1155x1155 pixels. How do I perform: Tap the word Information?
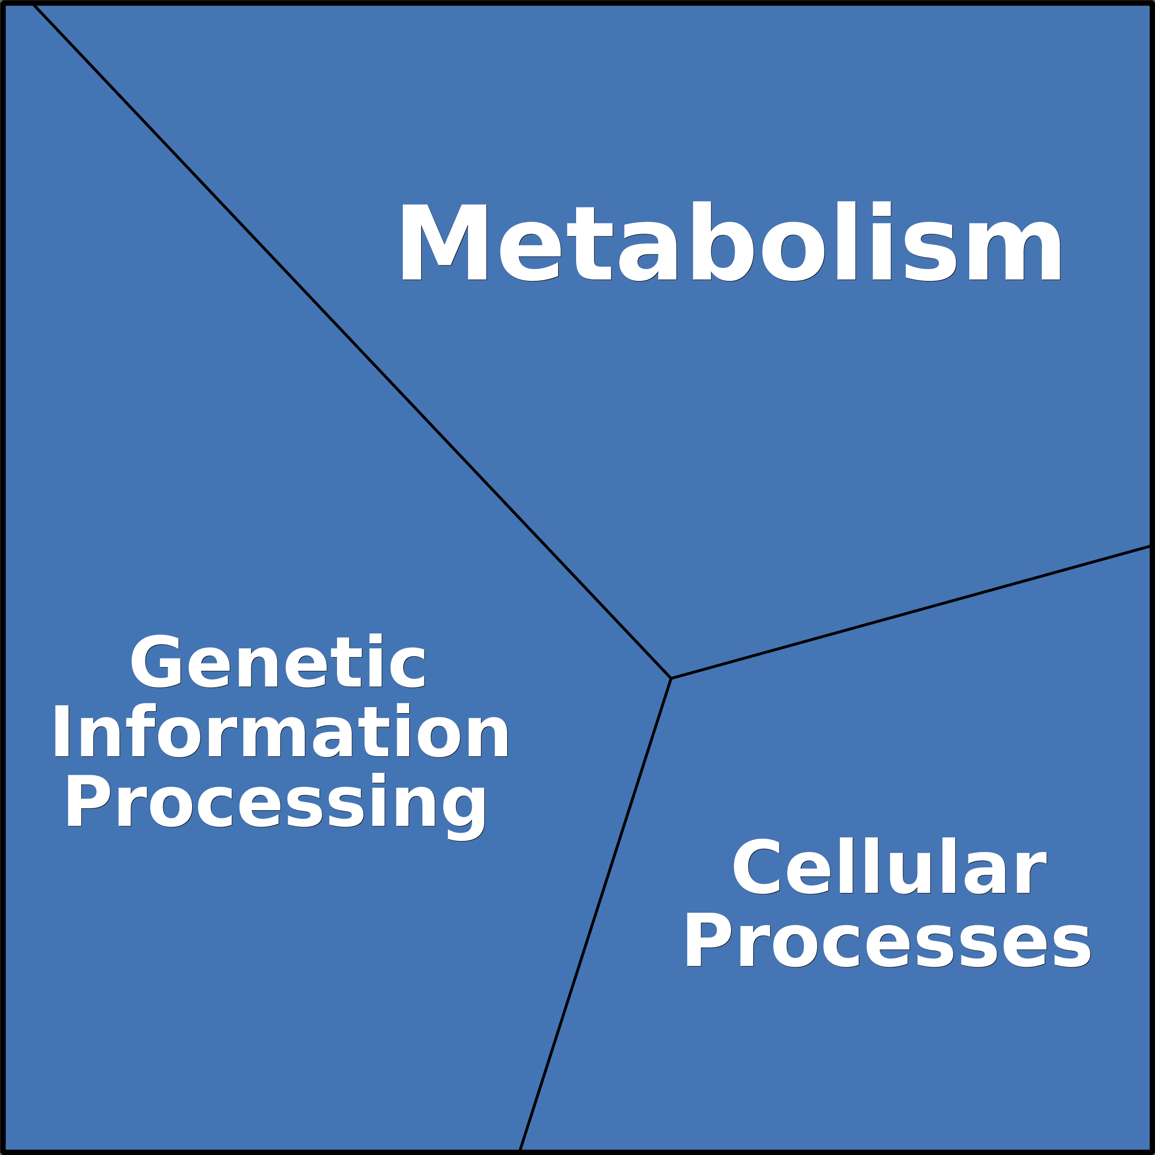(280, 731)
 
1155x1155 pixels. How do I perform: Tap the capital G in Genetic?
(155, 661)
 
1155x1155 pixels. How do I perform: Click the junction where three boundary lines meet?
(671, 679)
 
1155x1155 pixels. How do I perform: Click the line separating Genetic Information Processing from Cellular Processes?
(595, 915)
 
